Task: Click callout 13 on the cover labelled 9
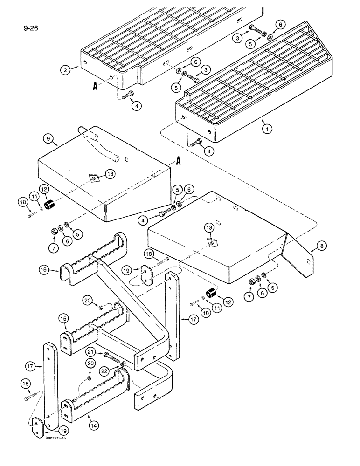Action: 110,174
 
